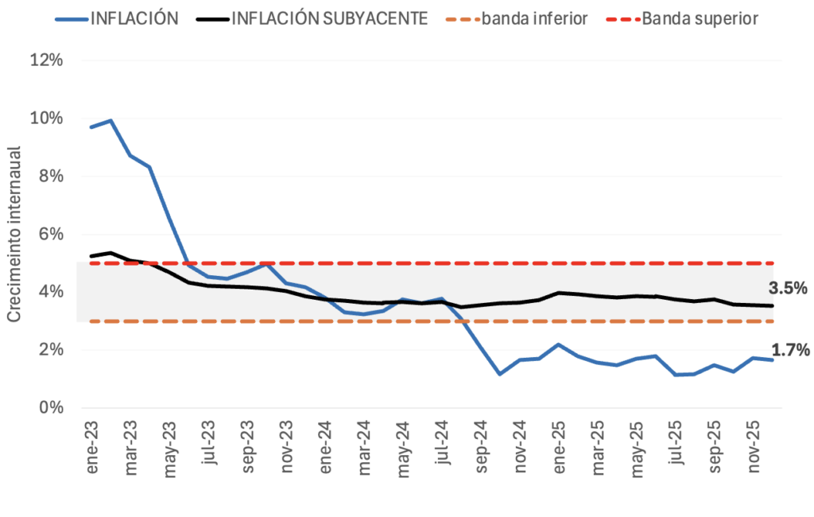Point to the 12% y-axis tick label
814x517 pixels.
pos(46,60)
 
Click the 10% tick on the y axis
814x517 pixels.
pos(46,119)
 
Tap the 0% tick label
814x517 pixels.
pos(49,408)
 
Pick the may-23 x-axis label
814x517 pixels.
pos(171,449)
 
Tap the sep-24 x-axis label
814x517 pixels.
pos(482,449)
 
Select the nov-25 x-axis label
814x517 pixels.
pos(754,449)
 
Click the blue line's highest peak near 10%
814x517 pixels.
pos(110,121)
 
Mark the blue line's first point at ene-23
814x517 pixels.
pos(91,127)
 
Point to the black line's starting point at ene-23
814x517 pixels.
pos(91,256)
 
